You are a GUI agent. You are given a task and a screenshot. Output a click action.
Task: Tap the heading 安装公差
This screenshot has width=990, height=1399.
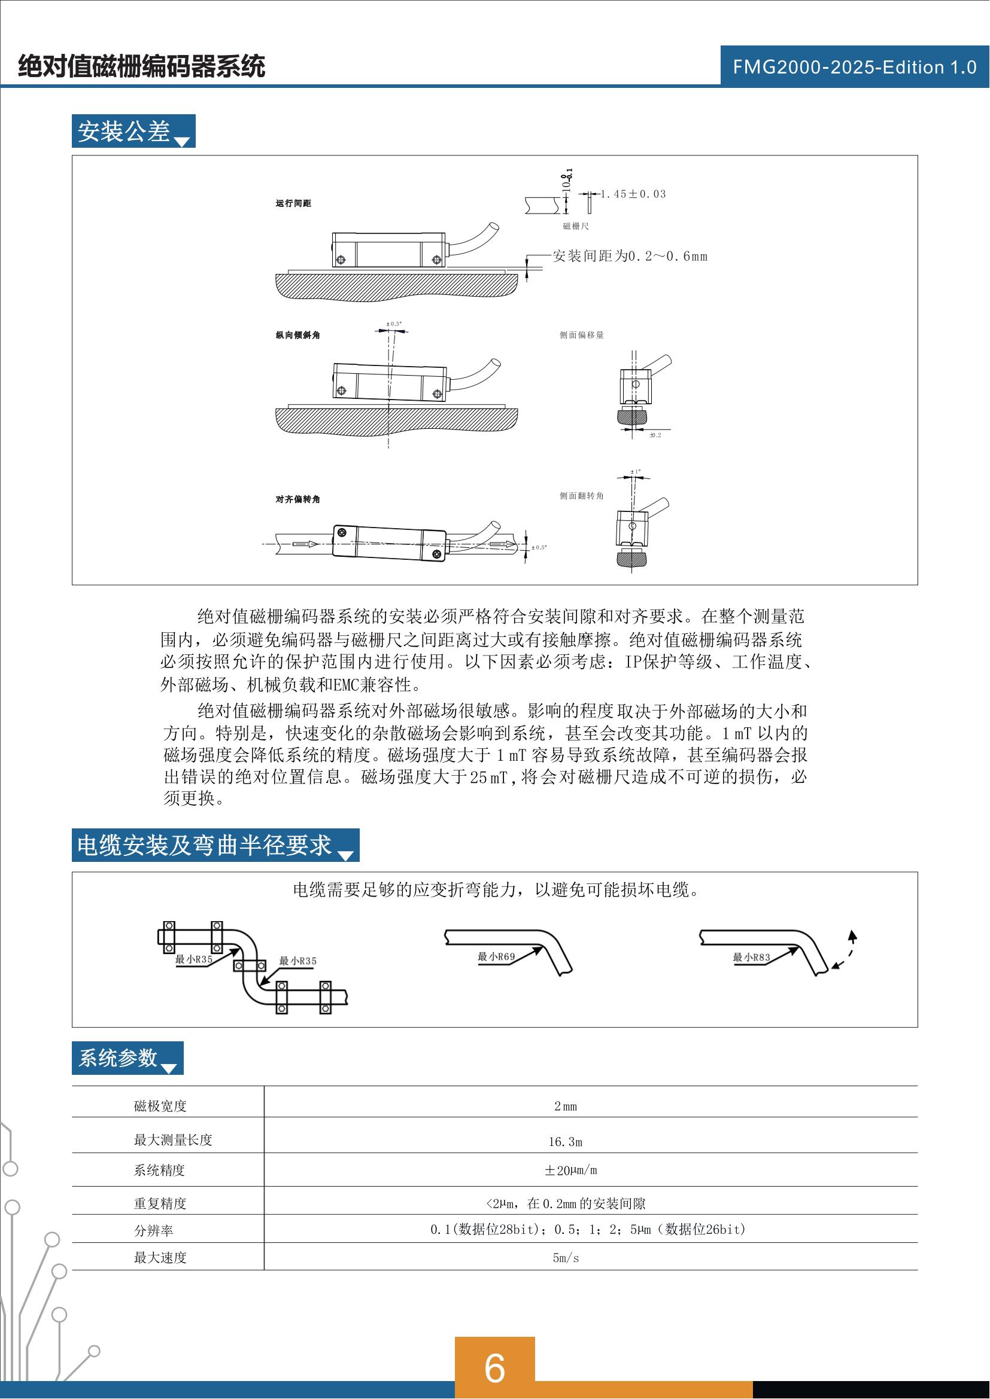coord(124,132)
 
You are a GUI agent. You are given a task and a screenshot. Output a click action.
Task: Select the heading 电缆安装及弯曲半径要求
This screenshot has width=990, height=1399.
coord(204,845)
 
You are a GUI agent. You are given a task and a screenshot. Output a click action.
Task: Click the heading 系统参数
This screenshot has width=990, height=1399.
coord(119,1058)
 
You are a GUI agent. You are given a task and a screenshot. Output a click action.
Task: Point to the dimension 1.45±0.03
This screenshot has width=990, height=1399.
coord(633,194)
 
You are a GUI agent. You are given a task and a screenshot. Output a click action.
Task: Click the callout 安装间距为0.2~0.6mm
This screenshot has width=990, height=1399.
coord(630,257)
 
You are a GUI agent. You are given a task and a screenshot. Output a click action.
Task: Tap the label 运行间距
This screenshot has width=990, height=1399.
coord(293,203)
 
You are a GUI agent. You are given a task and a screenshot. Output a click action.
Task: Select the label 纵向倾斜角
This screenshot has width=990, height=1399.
coord(297,335)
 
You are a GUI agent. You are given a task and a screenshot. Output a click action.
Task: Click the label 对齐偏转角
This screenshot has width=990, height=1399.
coord(297,499)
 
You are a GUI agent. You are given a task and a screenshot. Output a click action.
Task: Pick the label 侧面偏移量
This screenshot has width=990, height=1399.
coord(582,335)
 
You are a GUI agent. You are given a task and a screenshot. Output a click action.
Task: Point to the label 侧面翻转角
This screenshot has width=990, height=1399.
coord(582,496)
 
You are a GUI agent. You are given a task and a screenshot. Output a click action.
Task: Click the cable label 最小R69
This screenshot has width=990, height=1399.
coord(496,956)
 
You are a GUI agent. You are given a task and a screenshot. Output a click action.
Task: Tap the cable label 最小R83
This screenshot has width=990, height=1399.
coord(751,957)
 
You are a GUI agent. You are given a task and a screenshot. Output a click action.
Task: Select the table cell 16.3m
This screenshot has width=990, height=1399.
coord(565,1142)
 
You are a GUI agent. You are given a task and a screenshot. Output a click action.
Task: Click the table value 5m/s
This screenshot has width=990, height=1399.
coord(565,1258)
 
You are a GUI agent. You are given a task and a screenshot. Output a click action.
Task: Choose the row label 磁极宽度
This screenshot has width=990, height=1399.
coord(160,1106)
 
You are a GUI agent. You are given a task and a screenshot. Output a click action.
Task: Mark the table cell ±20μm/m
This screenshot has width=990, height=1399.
coord(570,1171)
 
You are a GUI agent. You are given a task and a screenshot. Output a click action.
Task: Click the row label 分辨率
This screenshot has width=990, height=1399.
coord(154,1230)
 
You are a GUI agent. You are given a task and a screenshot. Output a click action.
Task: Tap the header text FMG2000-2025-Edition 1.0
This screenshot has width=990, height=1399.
coord(854,67)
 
